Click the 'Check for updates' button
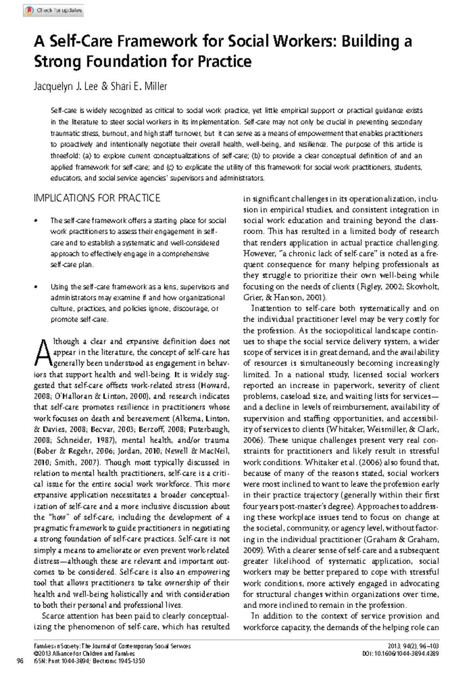(x=53, y=11)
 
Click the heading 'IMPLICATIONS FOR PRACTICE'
(x=97, y=198)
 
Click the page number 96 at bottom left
(x=18, y=661)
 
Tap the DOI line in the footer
(x=400, y=654)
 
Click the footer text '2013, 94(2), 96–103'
(x=413, y=646)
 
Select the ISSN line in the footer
(x=84, y=661)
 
